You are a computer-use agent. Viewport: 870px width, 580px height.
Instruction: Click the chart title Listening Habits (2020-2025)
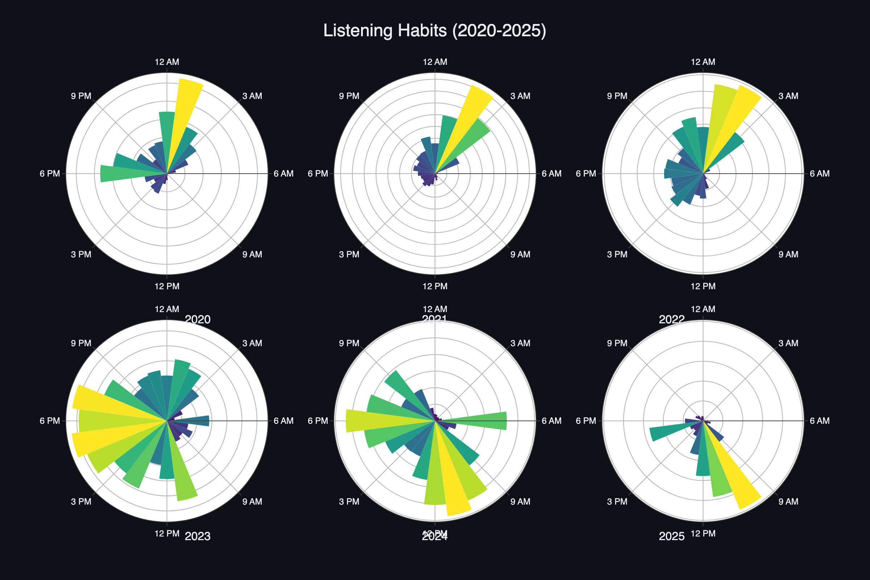(x=435, y=30)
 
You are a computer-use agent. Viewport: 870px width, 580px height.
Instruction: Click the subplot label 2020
(x=198, y=319)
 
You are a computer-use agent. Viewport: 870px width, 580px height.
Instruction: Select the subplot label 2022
(x=672, y=319)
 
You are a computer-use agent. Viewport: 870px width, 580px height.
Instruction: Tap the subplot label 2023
(x=198, y=536)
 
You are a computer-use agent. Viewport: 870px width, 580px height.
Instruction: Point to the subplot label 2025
(x=672, y=536)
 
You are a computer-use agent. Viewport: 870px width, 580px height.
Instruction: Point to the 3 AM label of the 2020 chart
(x=252, y=96)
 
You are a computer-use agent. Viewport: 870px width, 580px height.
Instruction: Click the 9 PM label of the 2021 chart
(x=349, y=96)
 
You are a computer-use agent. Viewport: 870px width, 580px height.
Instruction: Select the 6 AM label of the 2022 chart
(x=819, y=174)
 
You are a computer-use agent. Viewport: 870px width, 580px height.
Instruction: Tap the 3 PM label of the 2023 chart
(x=81, y=502)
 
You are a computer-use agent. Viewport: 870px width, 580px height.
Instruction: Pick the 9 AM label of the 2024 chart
(x=520, y=502)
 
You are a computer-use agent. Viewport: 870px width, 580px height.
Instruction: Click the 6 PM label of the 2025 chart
(x=586, y=420)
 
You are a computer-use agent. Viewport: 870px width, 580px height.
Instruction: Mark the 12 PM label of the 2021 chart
(x=435, y=286)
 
